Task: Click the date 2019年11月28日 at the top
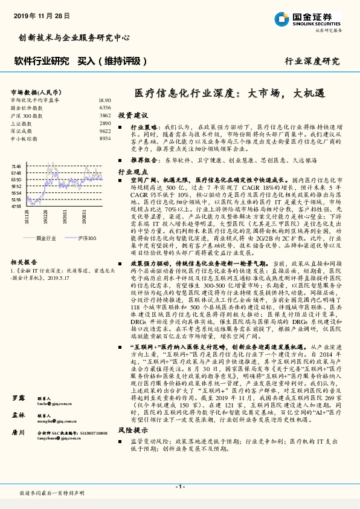point(41,14)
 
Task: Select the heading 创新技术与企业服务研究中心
point(74,37)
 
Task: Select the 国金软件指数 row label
point(27,107)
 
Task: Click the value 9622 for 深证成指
point(105,131)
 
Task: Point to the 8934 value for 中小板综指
point(105,138)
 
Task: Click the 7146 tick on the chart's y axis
point(16,166)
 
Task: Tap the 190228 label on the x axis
point(46,217)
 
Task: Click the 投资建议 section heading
point(133,114)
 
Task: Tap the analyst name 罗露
point(19,398)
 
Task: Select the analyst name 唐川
point(19,433)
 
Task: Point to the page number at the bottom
point(179,486)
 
